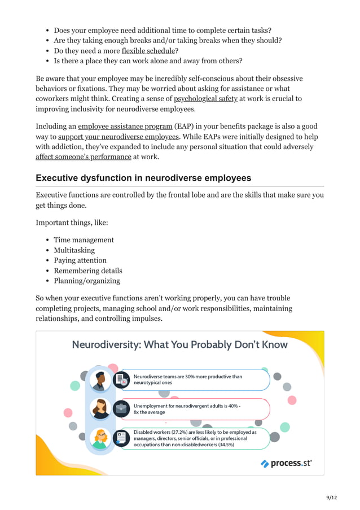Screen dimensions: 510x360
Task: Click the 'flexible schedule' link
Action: tap(148, 51)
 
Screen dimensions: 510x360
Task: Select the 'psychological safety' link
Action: tap(205, 99)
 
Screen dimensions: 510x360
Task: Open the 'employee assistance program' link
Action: tap(125, 126)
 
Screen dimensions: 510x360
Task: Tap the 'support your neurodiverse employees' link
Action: tap(118, 137)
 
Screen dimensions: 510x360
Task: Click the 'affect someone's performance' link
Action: tap(84, 156)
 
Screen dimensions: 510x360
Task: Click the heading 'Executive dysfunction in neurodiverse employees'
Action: tap(143, 178)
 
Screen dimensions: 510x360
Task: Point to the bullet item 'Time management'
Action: tap(84, 240)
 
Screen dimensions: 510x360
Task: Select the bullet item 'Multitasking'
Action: tap(74, 250)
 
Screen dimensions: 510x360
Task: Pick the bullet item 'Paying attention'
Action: tap(80, 260)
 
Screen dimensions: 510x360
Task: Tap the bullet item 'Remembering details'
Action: tap(87, 271)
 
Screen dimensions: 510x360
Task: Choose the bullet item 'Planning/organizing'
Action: tap(87, 281)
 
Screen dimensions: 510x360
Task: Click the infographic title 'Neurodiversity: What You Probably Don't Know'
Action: tap(179, 345)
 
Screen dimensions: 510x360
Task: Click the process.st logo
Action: tap(286, 463)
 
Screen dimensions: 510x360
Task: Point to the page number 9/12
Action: tap(331, 497)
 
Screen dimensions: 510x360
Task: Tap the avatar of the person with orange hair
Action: tap(101, 438)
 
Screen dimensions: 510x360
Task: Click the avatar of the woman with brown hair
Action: tap(101, 409)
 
